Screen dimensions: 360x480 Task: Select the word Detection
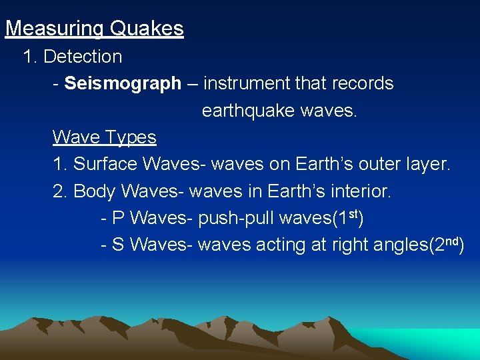pos(83,57)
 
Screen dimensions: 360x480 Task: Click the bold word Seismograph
pos(123,83)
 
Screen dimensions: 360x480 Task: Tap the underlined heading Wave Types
pos(105,137)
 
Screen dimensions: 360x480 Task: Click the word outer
pos(371,164)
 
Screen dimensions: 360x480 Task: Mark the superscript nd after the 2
pos(452,241)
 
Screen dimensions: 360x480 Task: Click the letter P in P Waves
pos(119,218)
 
